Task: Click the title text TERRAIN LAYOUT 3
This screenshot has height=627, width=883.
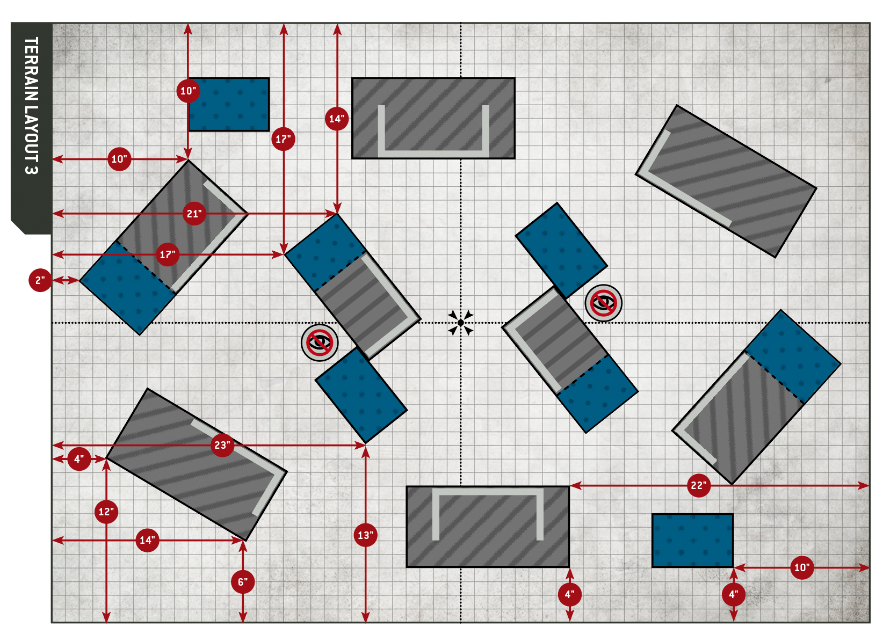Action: pos(31,105)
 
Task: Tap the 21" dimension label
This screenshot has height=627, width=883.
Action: pos(194,214)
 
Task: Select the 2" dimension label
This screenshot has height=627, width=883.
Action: pos(40,280)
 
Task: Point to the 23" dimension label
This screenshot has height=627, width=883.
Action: pos(222,445)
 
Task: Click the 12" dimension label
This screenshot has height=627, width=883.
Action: pos(106,512)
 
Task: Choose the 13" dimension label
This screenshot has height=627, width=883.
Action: pos(365,535)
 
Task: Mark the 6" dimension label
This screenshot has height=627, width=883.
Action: pos(243,582)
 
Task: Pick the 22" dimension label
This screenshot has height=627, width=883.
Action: pos(698,485)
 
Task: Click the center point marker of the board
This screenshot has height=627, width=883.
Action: pos(461,323)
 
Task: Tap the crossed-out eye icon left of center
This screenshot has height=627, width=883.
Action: pos(320,342)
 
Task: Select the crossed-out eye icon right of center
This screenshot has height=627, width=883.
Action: pos(603,303)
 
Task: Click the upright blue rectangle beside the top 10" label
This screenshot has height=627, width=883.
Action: pos(229,105)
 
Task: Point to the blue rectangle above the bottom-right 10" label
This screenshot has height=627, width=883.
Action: pos(692,540)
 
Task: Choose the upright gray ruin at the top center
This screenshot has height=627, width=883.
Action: pos(433,118)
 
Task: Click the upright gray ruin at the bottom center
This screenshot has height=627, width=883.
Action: pos(488,526)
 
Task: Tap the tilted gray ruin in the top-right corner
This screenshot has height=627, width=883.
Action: pos(726,181)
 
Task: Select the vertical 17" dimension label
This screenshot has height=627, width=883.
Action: pos(283,140)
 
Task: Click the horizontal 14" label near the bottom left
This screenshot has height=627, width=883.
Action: pos(147,540)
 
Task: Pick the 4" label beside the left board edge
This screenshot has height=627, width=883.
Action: pos(79,459)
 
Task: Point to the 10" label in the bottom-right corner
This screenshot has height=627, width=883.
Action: pos(801,567)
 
